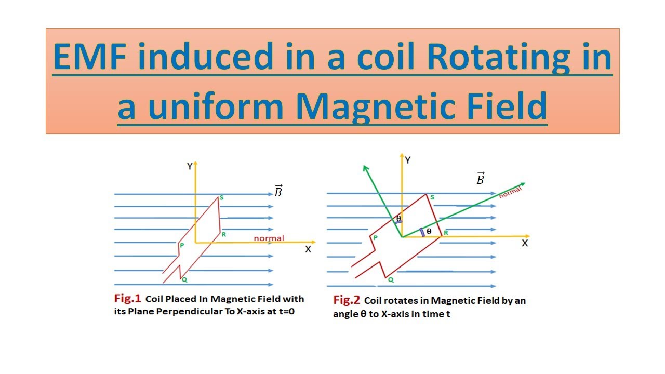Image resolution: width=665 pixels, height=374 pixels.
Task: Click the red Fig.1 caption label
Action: coord(127,299)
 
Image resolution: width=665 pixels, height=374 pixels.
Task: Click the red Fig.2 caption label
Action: coord(347,300)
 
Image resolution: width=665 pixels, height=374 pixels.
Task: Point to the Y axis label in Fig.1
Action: coord(190,166)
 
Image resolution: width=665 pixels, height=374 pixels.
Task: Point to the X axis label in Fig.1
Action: coord(308,249)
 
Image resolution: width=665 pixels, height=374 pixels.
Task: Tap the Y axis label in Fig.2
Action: coord(408,161)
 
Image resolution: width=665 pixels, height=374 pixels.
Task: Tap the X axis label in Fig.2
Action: coord(525,243)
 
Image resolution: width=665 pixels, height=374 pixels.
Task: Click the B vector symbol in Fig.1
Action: coord(278,191)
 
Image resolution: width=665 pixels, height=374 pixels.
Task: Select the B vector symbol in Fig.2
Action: coord(481,179)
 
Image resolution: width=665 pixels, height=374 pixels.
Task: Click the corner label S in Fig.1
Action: coord(221,197)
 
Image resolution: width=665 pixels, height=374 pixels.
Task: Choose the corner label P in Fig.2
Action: coord(375,237)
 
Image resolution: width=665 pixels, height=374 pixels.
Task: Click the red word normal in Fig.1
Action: coord(269,238)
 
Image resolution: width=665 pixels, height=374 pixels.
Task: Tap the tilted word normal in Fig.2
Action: coord(510,193)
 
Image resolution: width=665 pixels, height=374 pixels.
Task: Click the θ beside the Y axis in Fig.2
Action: coord(398,219)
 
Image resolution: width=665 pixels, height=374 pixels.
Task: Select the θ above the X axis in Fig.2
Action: coord(429,231)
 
